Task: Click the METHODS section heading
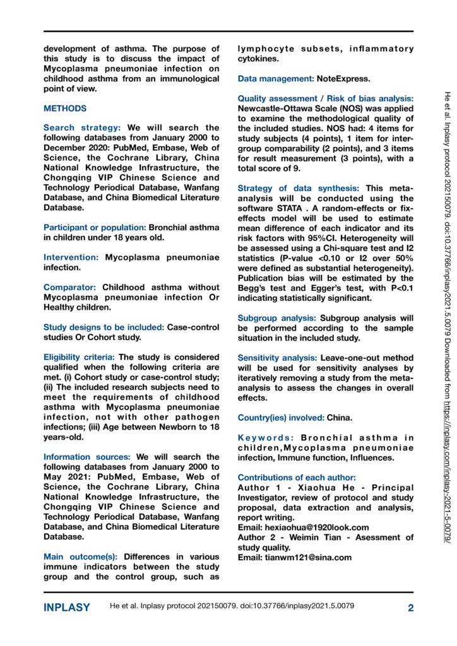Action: tap(64, 109)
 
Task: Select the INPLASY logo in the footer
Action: tap(66, 608)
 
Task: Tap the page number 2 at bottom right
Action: tap(410, 608)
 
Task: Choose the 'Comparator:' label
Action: tap(70, 288)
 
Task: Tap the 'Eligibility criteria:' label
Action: tap(79, 357)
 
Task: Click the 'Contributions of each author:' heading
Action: tap(297, 477)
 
